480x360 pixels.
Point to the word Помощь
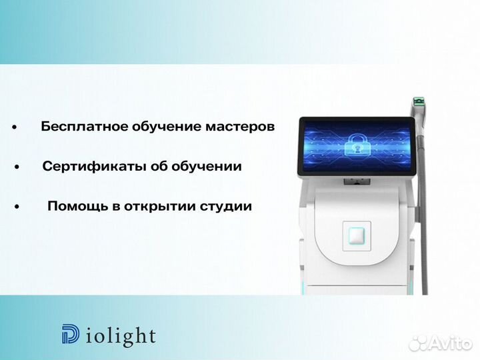(71, 206)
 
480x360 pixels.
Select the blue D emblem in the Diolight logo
(69, 335)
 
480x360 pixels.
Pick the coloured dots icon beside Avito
(419, 343)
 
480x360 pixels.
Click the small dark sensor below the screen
(354, 182)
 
